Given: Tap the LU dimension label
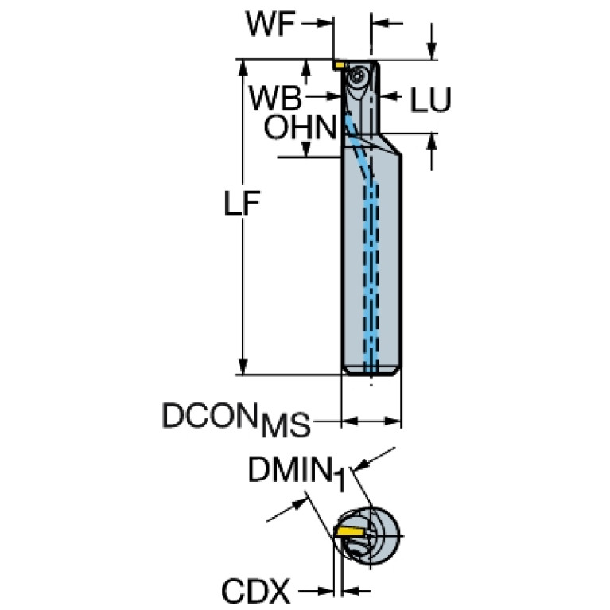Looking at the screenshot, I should [430, 100].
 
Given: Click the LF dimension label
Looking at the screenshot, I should [242, 205].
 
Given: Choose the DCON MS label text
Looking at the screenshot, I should [235, 419].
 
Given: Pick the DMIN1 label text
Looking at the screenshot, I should [295, 473].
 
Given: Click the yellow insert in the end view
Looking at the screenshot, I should [350, 530].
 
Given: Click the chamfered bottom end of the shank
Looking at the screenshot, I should [371, 371].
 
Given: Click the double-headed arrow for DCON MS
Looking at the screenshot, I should [371, 420].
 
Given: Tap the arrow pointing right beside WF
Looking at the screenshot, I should [324, 25].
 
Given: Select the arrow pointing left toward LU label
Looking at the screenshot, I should [392, 98].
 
